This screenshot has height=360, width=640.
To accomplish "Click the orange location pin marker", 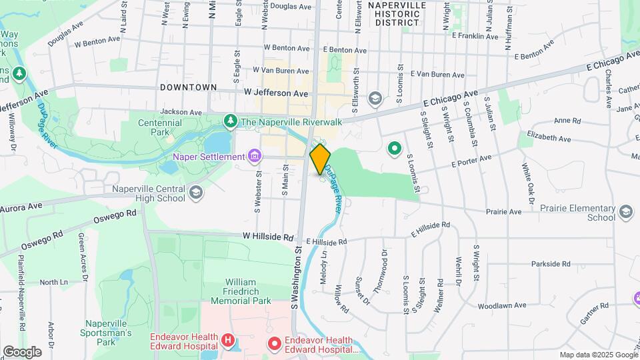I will coord(320,159).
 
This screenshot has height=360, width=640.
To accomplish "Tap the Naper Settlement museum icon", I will coord(254,157).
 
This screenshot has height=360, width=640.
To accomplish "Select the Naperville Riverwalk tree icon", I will coord(230,121).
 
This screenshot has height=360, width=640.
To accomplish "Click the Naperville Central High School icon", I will coord(195,193).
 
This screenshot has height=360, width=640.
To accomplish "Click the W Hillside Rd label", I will coord(268,237).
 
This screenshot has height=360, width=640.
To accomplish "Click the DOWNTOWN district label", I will coord(189,87).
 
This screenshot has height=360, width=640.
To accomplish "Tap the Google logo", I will coord(22,351).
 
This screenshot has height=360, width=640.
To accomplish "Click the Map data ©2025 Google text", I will coord(598,355).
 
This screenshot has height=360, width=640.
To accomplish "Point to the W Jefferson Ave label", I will coord(276,93).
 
